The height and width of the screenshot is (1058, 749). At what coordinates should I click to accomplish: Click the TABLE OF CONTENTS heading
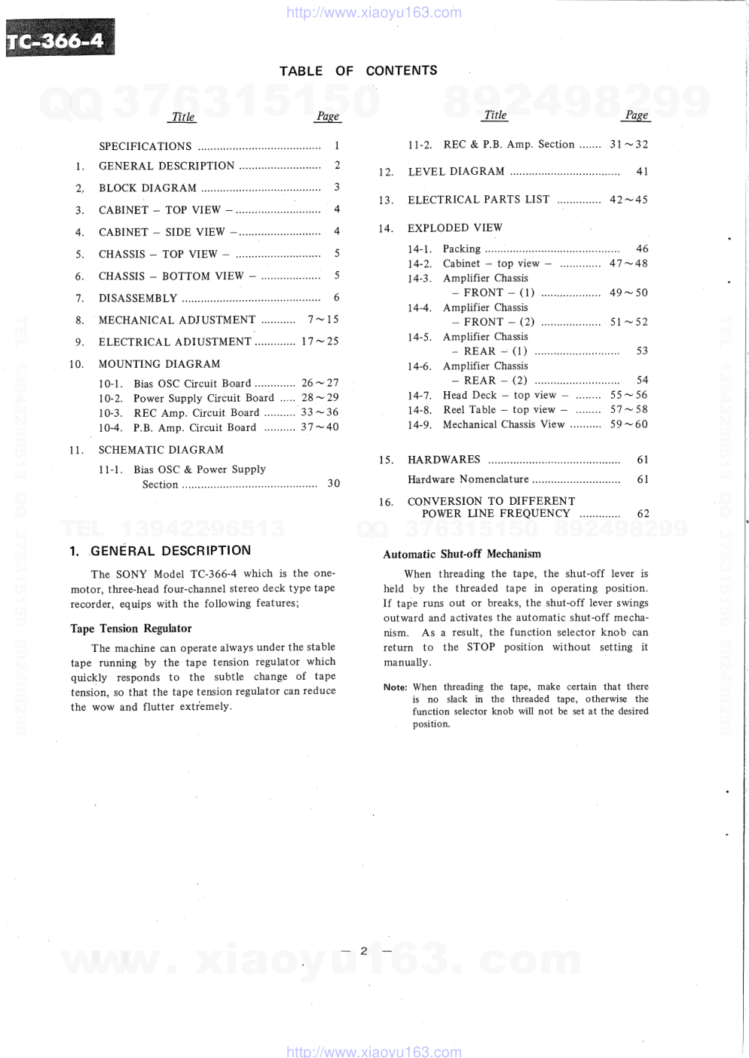point(358,71)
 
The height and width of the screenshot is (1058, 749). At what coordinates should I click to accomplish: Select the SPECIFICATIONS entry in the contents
point(145,146)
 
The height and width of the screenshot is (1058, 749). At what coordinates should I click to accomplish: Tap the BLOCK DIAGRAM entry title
point(147,188)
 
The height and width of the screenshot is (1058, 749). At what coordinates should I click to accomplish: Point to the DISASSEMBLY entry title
point(138,298)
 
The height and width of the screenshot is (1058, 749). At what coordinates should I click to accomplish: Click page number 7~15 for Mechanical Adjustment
point(323,320)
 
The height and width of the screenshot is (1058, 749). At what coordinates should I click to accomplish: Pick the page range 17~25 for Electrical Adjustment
point(320,341)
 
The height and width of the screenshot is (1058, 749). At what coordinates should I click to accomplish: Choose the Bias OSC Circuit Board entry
point(192,384)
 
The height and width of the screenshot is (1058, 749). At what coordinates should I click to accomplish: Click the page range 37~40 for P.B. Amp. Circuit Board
point(320,427)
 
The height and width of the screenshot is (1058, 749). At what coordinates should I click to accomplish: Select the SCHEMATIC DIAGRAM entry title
point(160,450)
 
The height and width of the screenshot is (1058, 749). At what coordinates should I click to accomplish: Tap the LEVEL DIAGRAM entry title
point(456,172)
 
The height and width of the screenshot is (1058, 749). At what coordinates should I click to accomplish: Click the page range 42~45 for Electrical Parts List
point(628,200)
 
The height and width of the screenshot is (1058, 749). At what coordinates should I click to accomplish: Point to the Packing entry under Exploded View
point(461,249)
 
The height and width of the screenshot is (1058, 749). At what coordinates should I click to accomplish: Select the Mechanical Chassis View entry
point(503,424)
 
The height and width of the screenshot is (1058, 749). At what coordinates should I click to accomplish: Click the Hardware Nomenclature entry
point(468,479)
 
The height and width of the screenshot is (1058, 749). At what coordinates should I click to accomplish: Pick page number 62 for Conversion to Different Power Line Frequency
point(643,514)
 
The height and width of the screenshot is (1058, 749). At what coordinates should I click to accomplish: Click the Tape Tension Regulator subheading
point(131,628)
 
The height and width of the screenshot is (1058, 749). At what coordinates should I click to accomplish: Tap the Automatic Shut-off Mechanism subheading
point(462,554)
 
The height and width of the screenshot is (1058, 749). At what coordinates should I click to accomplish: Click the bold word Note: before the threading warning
point(395,687)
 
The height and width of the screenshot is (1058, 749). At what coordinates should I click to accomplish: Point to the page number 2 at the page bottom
point(363,950)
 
